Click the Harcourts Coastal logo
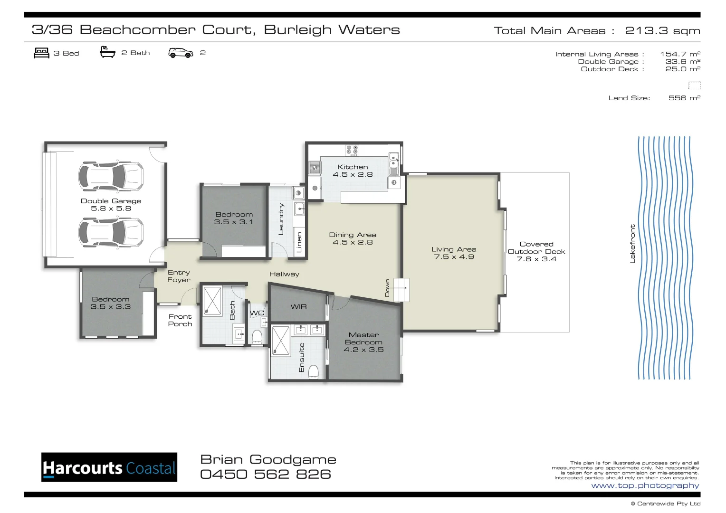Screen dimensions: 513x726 click(109, 467)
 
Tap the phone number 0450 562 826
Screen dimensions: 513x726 click(265, 474)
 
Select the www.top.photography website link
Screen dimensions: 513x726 click(645, 485)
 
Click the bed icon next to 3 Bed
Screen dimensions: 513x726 click(42, 53)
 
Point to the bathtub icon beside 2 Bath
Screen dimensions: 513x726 click(108, 52)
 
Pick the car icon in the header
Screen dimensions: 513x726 click(181, 53)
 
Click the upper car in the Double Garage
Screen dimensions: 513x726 click(111, 176)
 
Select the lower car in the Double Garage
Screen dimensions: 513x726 click(111, 232)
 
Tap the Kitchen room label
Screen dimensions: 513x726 click(353, 167)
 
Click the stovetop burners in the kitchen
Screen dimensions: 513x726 click(352, 150)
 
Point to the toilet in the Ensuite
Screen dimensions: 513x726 click(314, 371)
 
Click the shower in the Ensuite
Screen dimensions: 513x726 click(280, 341)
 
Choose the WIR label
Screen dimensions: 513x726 click(298, 307)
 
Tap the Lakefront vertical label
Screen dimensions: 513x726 click(632, 244)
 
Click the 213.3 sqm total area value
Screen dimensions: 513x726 click(662, 31)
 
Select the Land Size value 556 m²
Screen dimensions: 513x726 click(684, 98)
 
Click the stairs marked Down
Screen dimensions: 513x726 click(401, 289)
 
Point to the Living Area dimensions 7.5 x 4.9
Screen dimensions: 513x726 click(454, 257)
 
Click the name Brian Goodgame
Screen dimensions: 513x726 click(268, 459)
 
